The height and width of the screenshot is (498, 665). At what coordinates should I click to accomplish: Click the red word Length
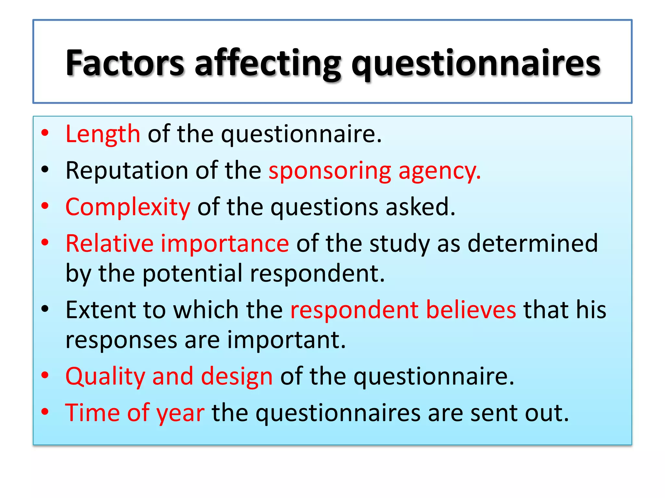coord(103,134)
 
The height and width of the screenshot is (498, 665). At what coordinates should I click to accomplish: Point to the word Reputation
coord(127,170)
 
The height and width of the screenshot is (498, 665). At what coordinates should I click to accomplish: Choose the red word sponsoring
coord(330,171)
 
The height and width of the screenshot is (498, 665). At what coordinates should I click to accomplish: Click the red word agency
coord(439,171)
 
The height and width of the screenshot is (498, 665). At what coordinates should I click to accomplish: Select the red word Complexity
coord(128,207)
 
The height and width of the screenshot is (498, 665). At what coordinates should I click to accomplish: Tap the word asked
coord(420,207)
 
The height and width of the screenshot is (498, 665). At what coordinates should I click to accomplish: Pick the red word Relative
coord(109,243)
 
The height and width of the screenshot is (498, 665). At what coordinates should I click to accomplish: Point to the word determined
coord(533,243)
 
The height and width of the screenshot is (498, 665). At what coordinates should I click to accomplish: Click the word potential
coord(192,273)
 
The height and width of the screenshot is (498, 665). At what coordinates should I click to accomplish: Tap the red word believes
coord(471,310)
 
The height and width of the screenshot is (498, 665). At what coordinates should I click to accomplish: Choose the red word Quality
coord(105,377)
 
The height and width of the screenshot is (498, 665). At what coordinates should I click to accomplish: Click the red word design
coord(237,377)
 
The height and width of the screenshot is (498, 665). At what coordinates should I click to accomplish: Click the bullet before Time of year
coord(45,412)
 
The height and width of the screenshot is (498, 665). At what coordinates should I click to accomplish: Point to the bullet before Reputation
coord(45,169)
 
